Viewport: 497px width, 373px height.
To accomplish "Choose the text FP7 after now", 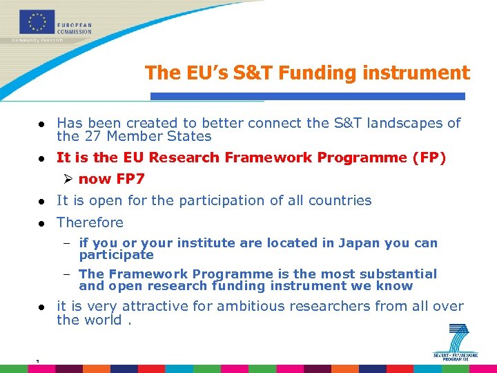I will (x=130, y=179).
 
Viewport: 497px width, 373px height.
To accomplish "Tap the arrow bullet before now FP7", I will (x=68, y=179).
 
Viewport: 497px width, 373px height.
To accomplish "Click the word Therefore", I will (x=90, y=222).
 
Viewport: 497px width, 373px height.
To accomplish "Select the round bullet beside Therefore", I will (x=41, y=223).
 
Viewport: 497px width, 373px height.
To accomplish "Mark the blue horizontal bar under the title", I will (x=308, y=96).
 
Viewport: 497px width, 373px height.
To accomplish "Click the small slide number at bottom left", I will (x=39, y=361).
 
